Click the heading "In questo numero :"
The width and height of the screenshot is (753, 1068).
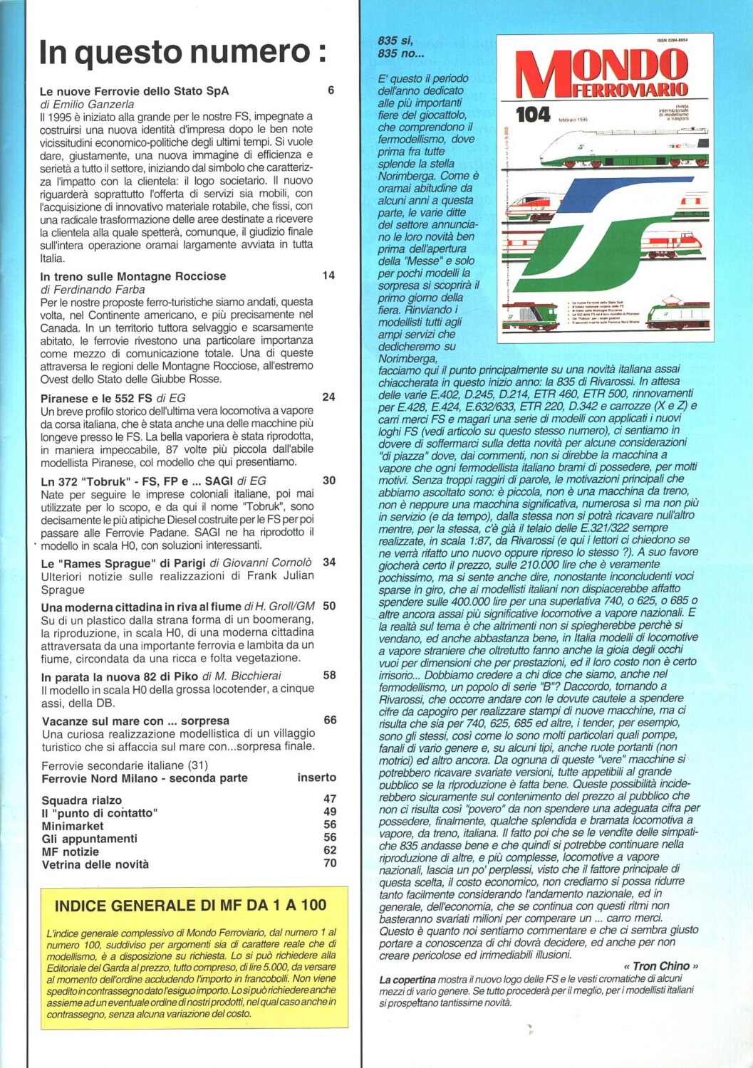click(x=182, y=53)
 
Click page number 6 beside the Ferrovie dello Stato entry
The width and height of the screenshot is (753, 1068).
click(x=331, y=90)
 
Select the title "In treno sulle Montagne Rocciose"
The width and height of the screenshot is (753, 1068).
click(x=133, y=276)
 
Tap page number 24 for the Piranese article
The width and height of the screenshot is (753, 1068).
click(x=328, y=397)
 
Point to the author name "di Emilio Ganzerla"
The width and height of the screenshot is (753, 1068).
click(x=87, y=104)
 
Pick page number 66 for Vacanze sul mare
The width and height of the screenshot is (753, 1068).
click(x=330, y=720)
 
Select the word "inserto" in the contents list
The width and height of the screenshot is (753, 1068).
click(x=316, y=778)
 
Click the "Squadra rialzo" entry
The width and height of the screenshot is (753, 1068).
click(x=81, y=800)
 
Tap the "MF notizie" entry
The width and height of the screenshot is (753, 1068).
click(x=70, y=852)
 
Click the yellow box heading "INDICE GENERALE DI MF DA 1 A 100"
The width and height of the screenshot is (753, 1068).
click(x=190, y=906)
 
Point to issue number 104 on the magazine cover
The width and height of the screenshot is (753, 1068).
click(x=533, y=115)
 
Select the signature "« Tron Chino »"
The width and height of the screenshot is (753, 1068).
click(x=660, y=966)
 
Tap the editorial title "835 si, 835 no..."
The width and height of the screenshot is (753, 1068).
click(x=400, y=47)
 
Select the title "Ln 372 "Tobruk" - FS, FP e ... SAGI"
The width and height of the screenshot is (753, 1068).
click(x=133, y=481)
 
